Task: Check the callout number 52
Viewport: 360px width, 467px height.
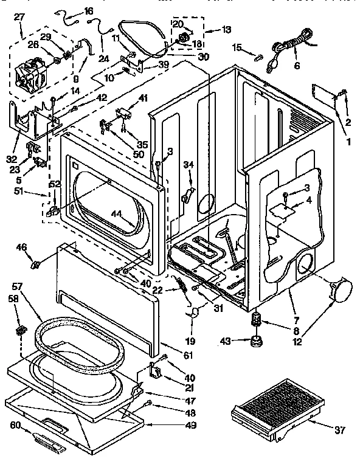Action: pyautogui.click(x=55, y=184)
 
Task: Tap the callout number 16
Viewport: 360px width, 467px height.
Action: pyautogui.click(x=89, y=11)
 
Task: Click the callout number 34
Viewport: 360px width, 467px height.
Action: pyautogui.click(x=189, y=164)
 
